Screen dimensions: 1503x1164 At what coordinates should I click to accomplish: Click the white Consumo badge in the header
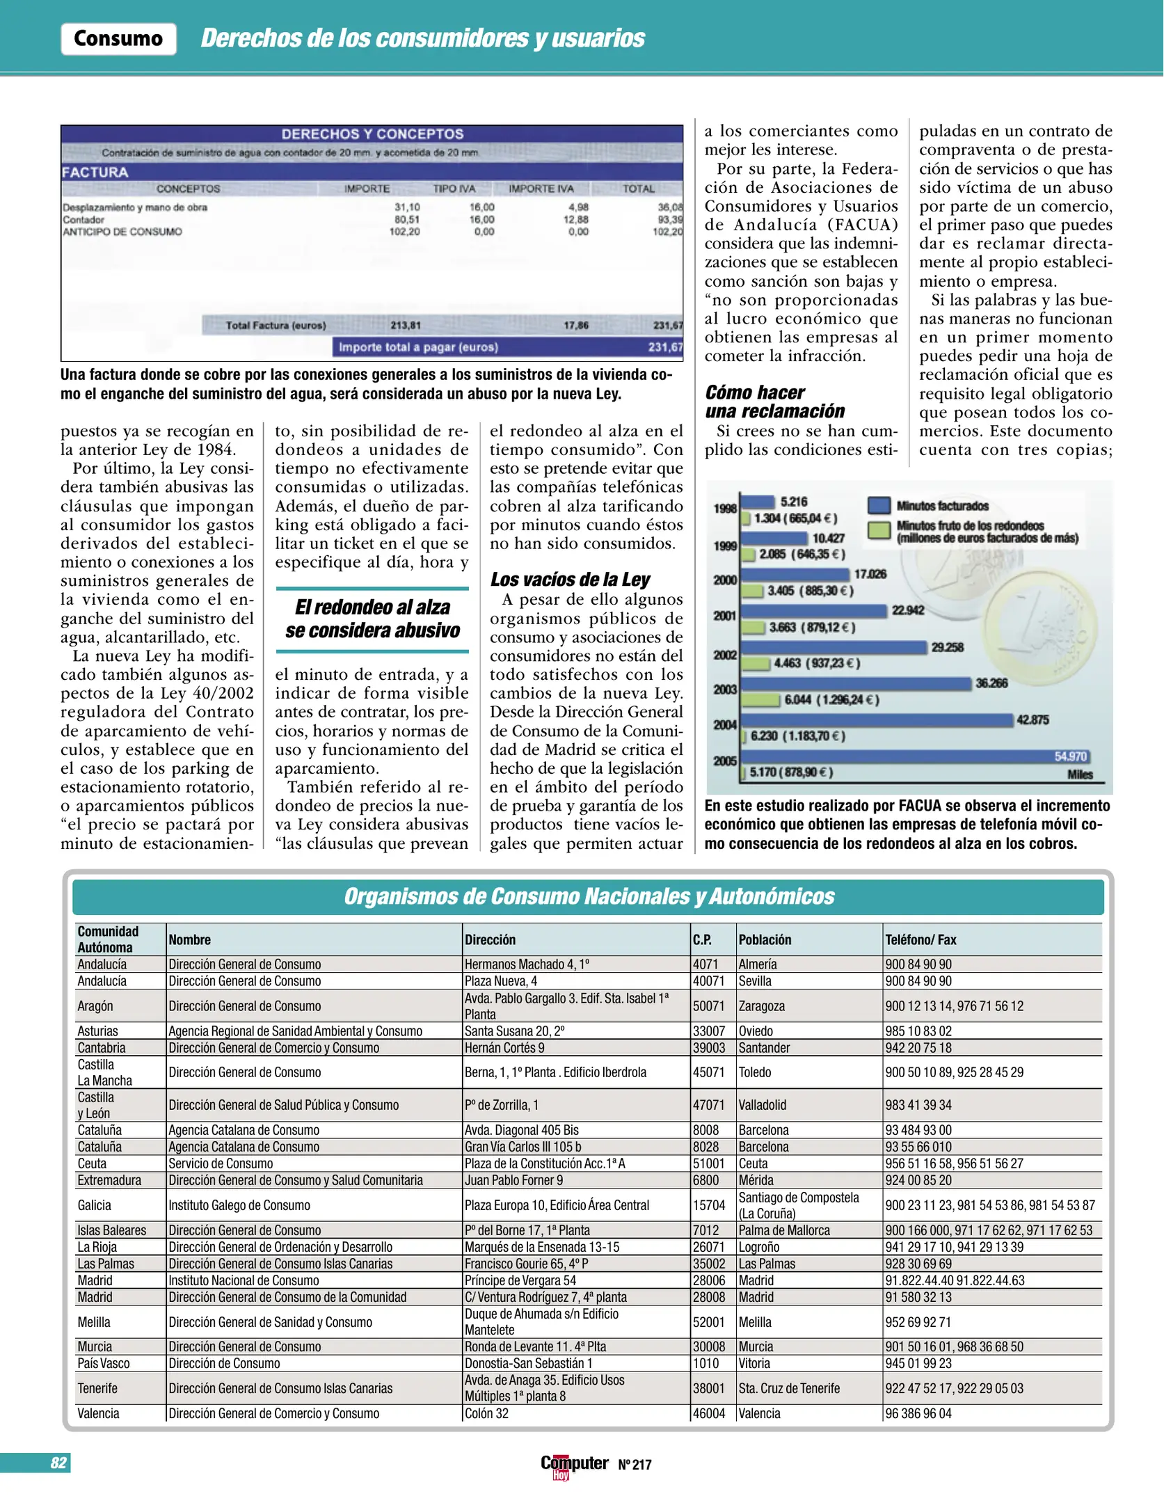[118, 39]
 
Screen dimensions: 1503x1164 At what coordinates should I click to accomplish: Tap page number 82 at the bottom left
[58, 1463]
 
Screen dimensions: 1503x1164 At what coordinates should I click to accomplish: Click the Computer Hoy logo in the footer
[574, 1465]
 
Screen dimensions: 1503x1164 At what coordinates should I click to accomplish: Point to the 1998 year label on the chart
[725, 509]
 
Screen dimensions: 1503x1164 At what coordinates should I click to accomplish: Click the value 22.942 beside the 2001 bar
[908, 610]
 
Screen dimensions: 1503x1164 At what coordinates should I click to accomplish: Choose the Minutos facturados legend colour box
[879, 506]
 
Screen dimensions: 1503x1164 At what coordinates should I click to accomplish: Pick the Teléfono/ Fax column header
[920, 940]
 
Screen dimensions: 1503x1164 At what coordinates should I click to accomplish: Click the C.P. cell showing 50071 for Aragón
[708, 1006]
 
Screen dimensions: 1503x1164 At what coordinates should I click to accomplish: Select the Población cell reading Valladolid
[763, 1105]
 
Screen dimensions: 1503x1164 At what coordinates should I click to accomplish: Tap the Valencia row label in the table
[98, 1413]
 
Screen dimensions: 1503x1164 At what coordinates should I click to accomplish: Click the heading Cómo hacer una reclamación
[774, 402]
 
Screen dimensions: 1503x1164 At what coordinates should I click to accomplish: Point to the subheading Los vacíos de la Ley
[570, 580]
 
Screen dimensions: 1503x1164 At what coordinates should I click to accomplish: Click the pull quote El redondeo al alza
[372, 619]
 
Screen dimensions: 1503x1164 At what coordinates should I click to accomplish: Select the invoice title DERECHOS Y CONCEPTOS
[372, 134]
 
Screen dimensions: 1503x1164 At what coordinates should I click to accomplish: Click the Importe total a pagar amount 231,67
[664, 347]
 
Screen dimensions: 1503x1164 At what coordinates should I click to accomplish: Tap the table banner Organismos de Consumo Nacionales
[589, 896]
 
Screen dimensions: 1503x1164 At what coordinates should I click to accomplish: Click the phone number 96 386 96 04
[918, 1413]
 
